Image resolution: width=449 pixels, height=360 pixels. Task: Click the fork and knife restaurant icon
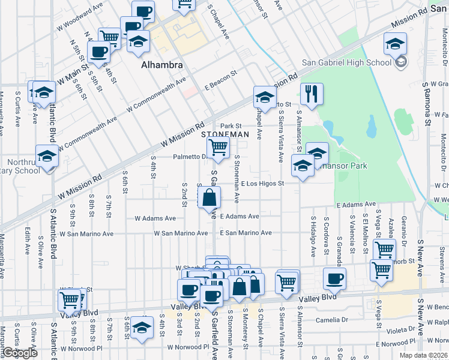click(311, 94)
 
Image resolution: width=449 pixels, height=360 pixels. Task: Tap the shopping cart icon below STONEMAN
click(218, 147)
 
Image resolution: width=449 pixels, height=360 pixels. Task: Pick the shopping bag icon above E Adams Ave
click(209, 198)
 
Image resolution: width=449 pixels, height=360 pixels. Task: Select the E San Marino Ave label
click(246, 233)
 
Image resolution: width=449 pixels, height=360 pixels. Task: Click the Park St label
click(230, 126)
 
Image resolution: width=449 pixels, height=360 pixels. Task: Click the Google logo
click(20, 353)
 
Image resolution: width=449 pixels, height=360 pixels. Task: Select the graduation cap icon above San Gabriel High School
click(395, 43)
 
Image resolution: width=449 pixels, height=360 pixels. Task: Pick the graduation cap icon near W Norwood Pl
click(141, 328)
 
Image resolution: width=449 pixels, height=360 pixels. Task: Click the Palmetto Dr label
click(190, 157)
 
